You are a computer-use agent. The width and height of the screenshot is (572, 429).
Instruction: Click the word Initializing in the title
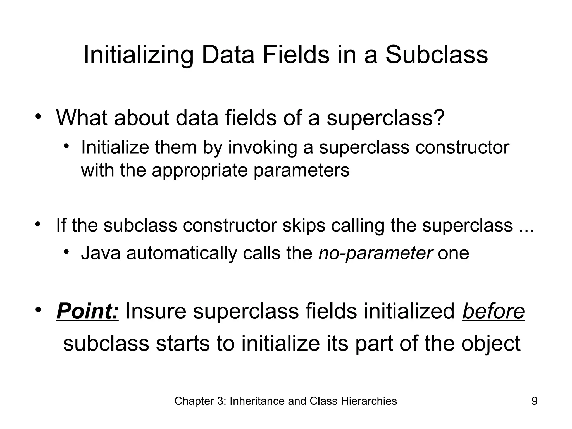coord(138,55)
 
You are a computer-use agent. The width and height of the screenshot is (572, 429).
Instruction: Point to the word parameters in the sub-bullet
coord(301,170)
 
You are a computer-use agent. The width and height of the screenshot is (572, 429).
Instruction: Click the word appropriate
coord(200,170)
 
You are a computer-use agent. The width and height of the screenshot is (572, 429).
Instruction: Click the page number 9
coord(534,401)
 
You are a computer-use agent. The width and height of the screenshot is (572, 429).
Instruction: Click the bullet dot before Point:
coord(38,310)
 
